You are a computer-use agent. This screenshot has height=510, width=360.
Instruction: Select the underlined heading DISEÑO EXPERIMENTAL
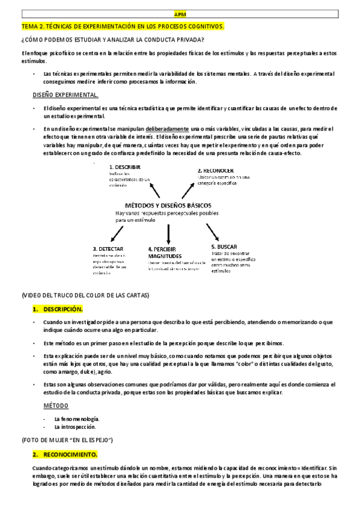pyautogui.click(x=66, y=95)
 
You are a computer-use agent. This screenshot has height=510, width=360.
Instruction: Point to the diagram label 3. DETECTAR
pyautogui.click(x=109, y=248)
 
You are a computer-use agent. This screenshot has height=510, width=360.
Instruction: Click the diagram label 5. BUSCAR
pyautogui.click(x=224, y=247)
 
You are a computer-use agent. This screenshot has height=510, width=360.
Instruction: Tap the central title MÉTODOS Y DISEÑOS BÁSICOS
pyautogui.click(x=168, y=204)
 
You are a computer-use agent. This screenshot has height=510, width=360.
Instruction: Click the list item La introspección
pyautogui.click(x=75, y=427)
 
